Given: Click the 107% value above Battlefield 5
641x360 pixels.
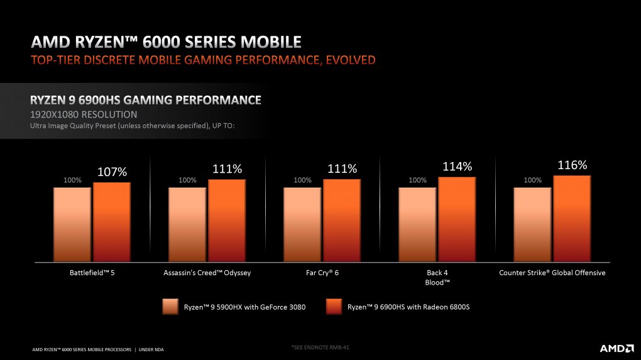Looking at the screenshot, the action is pos(112,172).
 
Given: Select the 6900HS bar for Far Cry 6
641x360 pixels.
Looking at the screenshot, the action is pos(342,221).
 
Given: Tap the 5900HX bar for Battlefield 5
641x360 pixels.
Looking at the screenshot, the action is pos(72,224).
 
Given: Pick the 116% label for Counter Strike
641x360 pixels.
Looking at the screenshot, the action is pos(573,165).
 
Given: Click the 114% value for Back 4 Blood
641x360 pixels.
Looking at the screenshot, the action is pos(457,166).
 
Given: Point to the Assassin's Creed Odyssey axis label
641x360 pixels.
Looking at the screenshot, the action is pos(207,273).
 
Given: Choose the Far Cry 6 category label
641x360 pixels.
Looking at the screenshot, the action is pos(322,273).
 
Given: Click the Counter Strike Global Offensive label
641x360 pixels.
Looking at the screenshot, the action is pos(552,273).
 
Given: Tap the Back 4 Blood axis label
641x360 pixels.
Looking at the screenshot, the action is pos(437,278).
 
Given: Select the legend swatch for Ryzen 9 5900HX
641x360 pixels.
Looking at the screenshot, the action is pos(170,307).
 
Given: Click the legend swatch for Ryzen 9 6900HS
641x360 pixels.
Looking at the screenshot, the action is pos(334,307).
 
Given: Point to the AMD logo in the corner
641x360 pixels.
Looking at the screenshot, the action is pos(616,348).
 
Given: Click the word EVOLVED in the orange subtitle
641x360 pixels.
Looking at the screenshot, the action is pos(350,60).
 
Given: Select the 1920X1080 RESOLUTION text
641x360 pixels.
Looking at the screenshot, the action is pos(84,114).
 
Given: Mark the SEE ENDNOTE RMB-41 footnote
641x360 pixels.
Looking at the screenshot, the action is pos(320,347).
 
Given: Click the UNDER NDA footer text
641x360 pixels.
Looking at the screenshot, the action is pos(151,349).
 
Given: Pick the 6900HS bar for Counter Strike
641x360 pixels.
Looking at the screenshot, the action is pos(572,219).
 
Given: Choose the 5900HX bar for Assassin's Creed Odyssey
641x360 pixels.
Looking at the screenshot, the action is pos(187,224).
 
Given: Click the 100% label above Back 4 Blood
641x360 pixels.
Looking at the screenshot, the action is pos(417,180).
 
